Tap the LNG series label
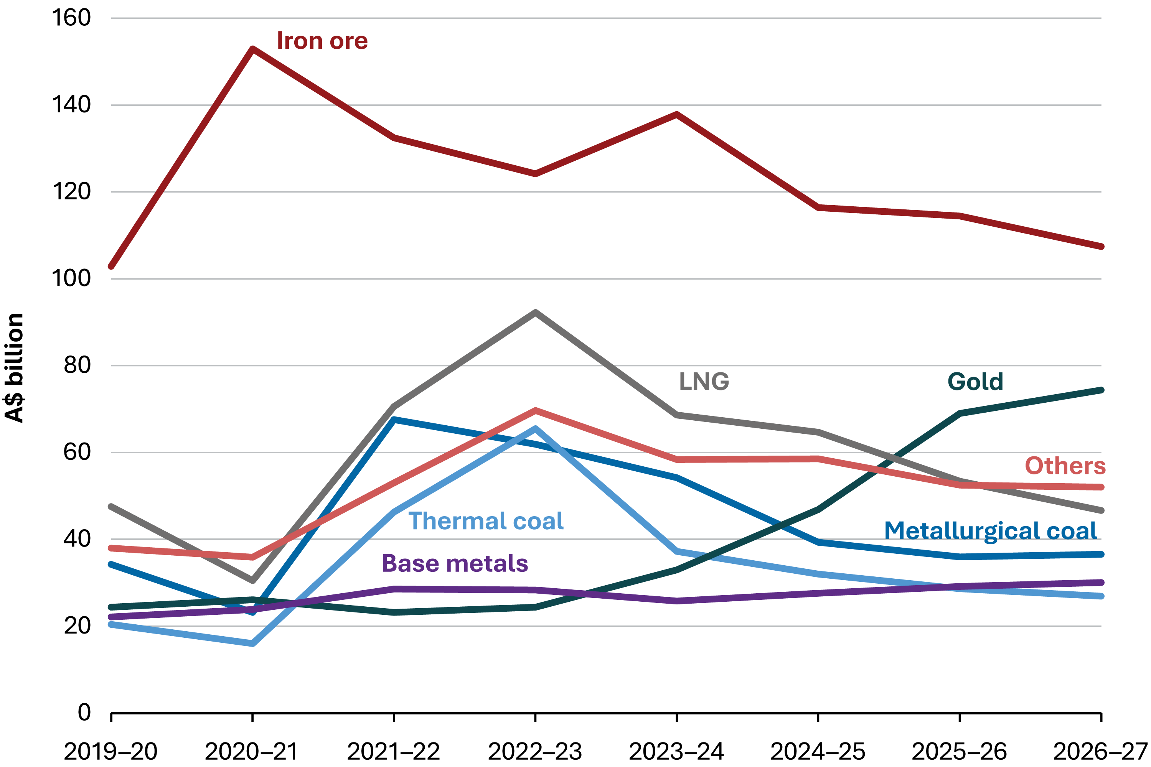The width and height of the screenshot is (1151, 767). [x=704, y=382]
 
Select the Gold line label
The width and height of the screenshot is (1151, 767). [x=975, y=382]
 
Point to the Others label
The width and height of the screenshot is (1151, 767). [x=1065, y=466]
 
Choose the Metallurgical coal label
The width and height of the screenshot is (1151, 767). [x=991, y=531]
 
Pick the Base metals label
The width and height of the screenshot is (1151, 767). [x=455, y=563]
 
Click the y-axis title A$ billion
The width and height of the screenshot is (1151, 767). [x=15, y=368]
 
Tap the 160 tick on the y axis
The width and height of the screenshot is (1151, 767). [x=71, y=18]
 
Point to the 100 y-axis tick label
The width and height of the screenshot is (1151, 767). [x=71, y=279]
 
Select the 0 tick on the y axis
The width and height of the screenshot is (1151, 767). [x=84, y=712]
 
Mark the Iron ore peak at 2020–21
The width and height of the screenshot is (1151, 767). [x=252, y=49]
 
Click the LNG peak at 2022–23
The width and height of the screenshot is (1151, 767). [x=535, y=312]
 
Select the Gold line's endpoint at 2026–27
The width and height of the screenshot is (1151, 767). [x=1101, y=390]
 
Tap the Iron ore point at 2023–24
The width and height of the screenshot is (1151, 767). [x=677, y=114]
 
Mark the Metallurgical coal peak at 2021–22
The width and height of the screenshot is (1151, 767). [x=394, y=419]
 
